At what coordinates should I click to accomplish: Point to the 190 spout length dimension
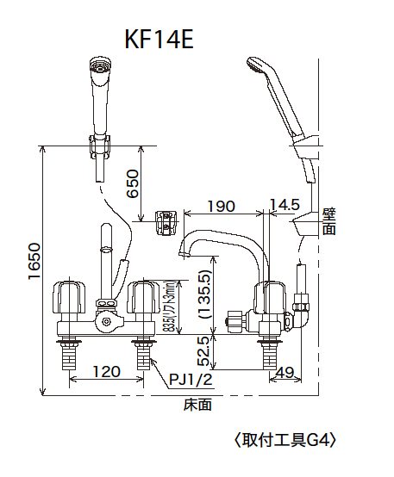(x=221, y=207)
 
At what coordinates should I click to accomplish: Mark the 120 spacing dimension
(x=104, y=372)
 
